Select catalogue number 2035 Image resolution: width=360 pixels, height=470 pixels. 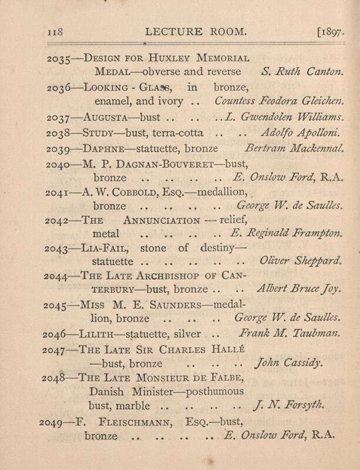pyautogui.click(x=58, y=59)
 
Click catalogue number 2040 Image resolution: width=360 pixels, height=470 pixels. pyautogui.click(x=58, y=162)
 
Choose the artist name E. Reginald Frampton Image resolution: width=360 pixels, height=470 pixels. pyautogui.click(x=280, y=235)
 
